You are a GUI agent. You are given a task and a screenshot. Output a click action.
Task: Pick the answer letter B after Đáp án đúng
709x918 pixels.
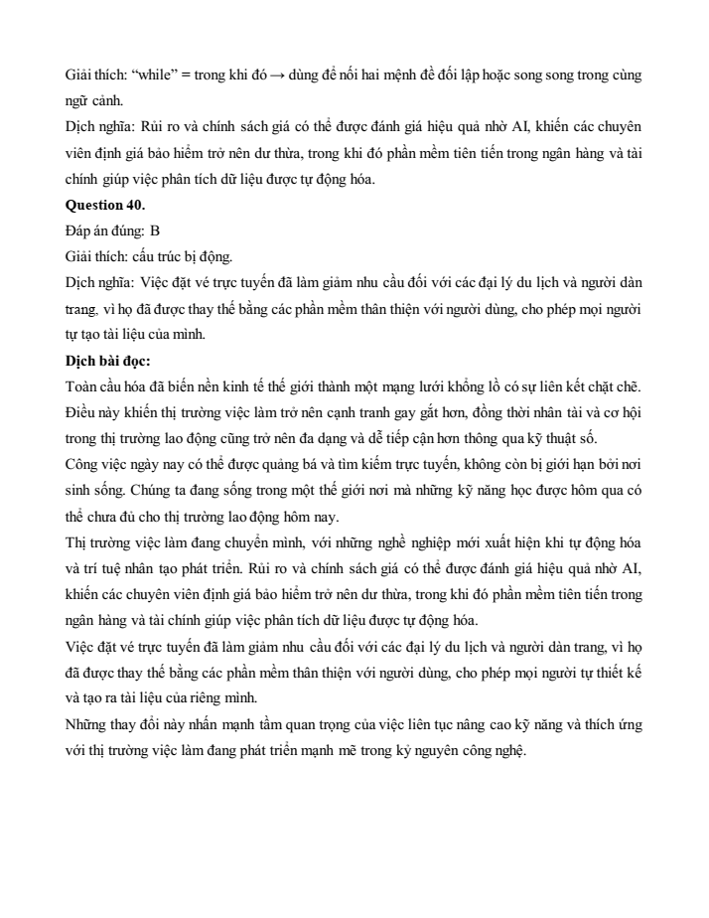coord(154,230)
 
